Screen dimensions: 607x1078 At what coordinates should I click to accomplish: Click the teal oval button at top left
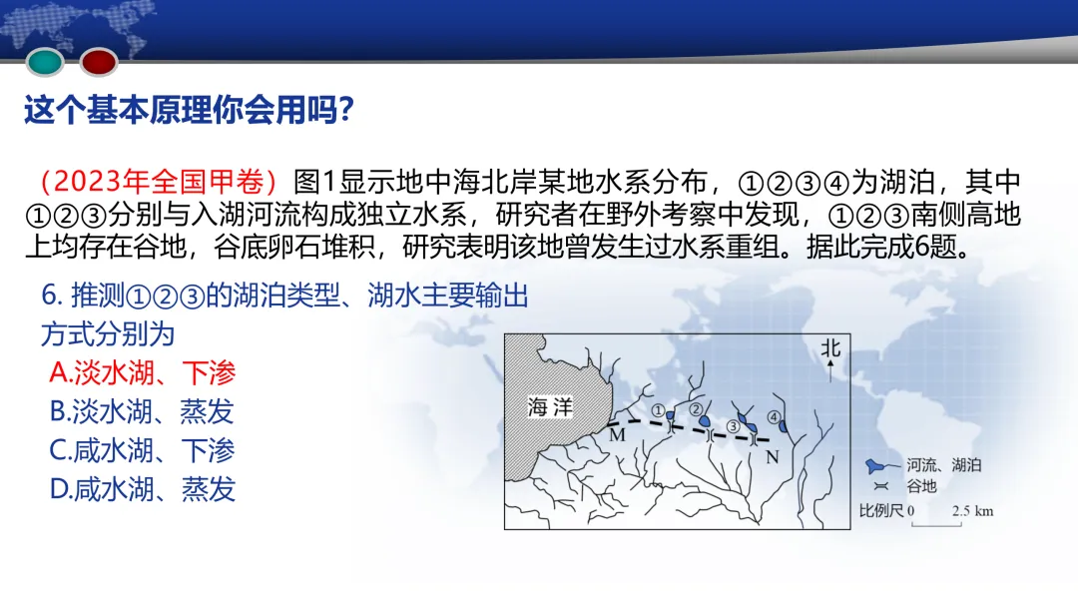(x=45, y=63)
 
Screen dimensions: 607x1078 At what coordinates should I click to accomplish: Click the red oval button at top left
(x=99, y=63)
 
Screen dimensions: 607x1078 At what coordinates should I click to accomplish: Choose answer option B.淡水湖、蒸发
(x=142, y=411)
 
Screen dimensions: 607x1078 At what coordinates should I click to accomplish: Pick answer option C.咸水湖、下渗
(x=142, y=450)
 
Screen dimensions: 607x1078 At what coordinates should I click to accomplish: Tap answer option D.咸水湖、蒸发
(x=142, y=489)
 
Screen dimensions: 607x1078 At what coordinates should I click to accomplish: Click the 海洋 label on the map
(x=550, y=407)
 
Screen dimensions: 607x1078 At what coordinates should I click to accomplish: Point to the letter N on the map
(x=771, y=456)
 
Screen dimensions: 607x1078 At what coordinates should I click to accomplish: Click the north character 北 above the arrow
(x=830, y=348)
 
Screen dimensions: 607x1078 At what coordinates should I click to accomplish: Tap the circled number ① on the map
(x=658, y=409)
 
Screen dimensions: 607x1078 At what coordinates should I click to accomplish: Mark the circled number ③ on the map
(x=734, y=427)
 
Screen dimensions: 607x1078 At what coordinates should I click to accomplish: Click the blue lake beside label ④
(x=784, y=427)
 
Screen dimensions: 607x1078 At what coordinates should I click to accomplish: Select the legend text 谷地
(x=920, y=486)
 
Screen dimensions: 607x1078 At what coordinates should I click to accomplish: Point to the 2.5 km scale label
(x=972, y=511)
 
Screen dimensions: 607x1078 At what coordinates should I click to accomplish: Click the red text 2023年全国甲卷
(x=158, y=182)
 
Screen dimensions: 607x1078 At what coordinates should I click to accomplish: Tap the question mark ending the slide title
(x=344, y=111)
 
